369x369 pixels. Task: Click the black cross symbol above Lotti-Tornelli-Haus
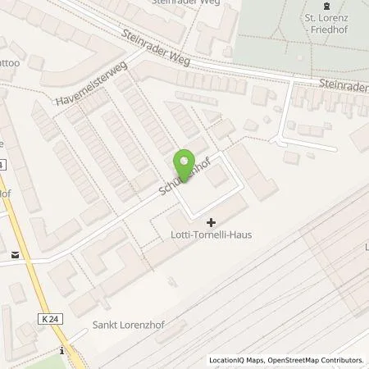click(212, 221)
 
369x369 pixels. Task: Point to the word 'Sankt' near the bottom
click(105, 323)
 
